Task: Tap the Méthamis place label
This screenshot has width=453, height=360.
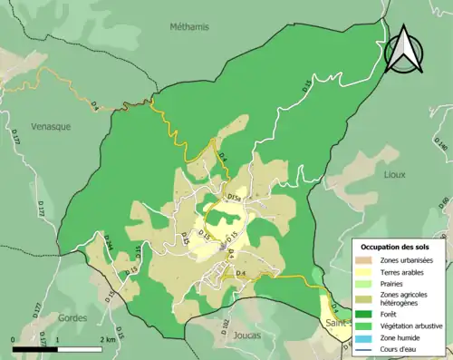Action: pos(188,27)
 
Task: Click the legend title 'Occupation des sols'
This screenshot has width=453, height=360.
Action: pos(397,246)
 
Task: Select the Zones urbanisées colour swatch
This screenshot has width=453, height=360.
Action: pos(368,260)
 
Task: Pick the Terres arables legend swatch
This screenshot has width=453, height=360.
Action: pos(368,272)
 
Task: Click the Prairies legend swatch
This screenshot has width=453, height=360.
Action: pos(368,284)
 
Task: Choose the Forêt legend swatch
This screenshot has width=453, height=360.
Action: pos(368,313)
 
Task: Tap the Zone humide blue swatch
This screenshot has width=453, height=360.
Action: pos(368,336)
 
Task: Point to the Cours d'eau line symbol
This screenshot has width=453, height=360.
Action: pos(368,348)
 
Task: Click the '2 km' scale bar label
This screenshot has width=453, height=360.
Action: pos(110,340)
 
